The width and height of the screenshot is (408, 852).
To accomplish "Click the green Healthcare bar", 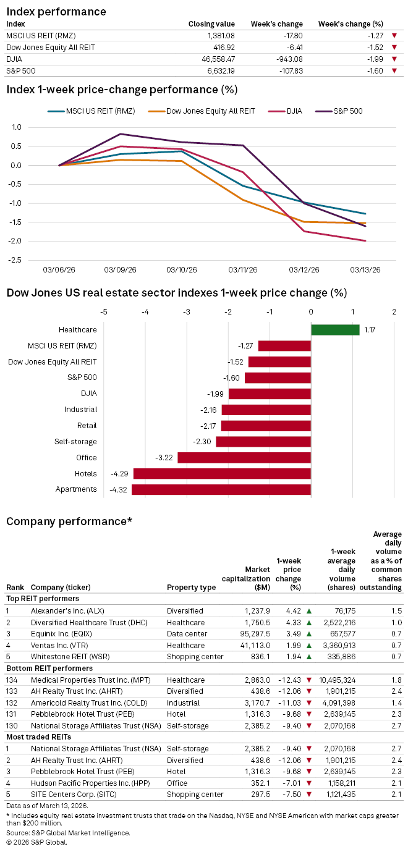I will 334,330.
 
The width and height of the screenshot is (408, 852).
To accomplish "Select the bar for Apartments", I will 221,489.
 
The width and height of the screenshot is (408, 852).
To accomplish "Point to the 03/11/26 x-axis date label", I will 242,270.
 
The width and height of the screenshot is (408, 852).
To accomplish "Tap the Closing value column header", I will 209,23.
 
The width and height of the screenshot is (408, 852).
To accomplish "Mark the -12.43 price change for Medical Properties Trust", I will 289,679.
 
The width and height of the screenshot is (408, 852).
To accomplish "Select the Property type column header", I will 191,587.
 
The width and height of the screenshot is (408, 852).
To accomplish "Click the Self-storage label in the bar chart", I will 80,442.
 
